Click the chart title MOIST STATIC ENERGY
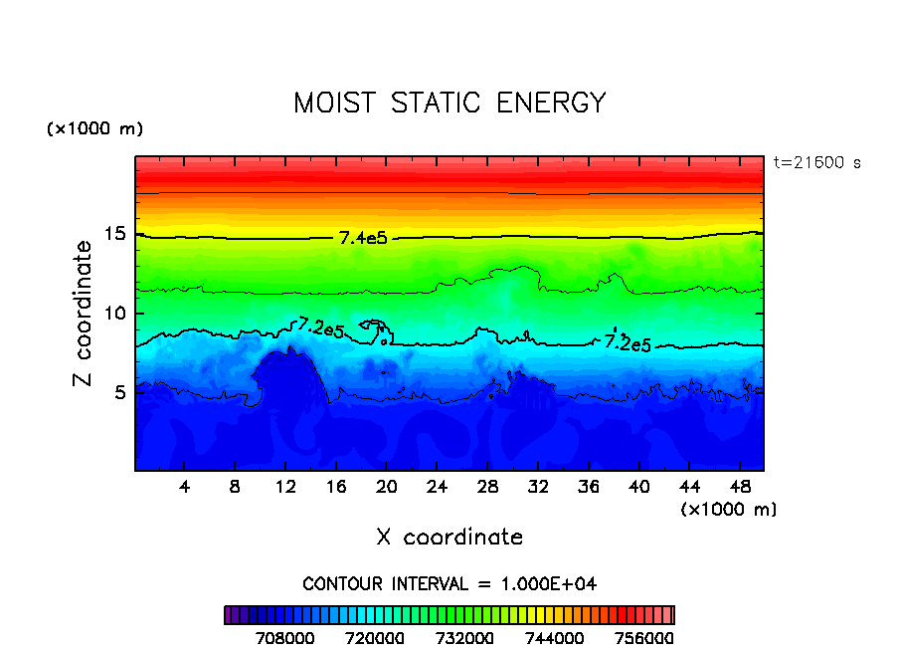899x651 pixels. point(449,104)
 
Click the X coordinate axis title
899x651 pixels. point(449,538)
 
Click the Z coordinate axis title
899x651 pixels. point(85,314)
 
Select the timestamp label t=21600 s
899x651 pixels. point(817,162)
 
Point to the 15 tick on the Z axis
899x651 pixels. point(113,235)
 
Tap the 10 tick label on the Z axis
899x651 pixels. point(113,314)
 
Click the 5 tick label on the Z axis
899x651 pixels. point(119,392)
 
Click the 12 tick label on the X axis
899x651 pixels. point(285,487)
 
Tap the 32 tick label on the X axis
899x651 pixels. point(537,487)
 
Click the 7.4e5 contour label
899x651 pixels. point(362,238)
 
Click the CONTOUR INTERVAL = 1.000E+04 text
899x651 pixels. point(449,583)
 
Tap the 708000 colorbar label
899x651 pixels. point(285,637)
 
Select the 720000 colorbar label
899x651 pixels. point(375,637)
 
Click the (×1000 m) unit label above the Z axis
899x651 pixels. point(94,129)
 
